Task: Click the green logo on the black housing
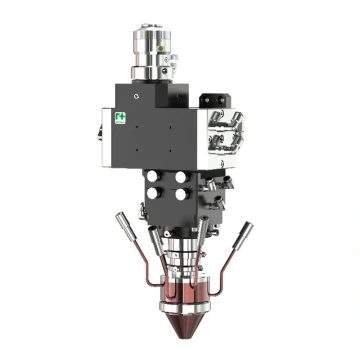tap(121, 119)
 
